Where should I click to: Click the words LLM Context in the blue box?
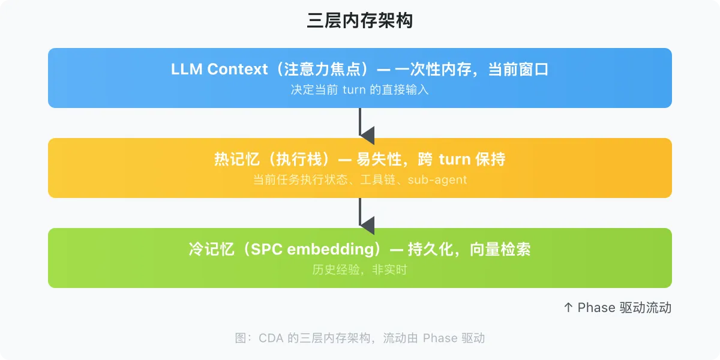click(x=219, y=70)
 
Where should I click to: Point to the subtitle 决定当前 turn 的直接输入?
click(x=360, y=90)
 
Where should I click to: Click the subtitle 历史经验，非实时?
click(x=360, y=270)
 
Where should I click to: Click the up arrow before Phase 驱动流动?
click(x=569, y=308)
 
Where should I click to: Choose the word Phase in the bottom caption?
click(x=440, y=338)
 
